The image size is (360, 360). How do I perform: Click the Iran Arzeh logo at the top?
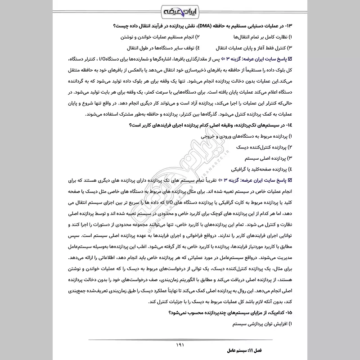click(180, 10)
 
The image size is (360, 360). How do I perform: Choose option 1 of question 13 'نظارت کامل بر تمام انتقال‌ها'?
click(263, 36)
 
